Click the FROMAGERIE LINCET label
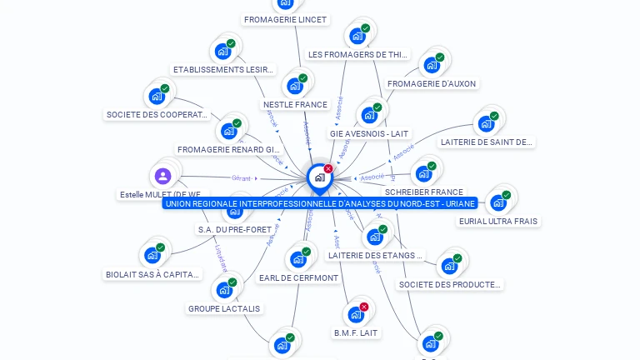[286, 19]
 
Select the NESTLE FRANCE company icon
[294, 85]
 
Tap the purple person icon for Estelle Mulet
[163, 176]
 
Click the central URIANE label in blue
[321, 203]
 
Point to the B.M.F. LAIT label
[356, 332]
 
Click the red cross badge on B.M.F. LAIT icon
[363, 307]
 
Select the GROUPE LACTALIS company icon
[224, 290]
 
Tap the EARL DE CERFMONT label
[298, 277]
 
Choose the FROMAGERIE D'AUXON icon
[432, 65]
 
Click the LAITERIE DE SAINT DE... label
[487, 142]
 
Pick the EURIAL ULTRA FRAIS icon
[498, 202]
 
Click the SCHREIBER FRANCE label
[423, 192]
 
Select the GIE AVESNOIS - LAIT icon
[369, 114]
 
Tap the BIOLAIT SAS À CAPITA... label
[153, 274]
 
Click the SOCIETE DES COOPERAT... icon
[157, 96]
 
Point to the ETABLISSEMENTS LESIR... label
[222, 70]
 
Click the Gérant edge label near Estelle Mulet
[242, 178]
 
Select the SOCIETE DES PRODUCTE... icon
[450, 266]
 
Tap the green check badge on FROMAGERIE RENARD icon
[237, 123]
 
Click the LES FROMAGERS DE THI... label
[358, 55]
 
